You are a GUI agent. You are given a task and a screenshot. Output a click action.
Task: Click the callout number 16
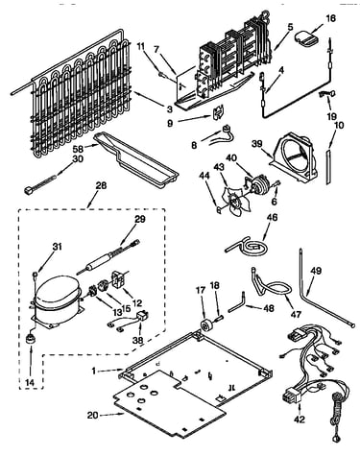[x=331, y=18]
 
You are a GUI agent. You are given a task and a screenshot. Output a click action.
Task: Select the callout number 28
[x=101, y=185]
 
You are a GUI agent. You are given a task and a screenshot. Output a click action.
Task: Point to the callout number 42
[x=300, y=419]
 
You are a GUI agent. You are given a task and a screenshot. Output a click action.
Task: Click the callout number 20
[x=93, y=415]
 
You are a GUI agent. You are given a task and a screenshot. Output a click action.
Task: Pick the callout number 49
[x=316, y=271]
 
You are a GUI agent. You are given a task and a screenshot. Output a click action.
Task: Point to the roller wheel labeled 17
[x=204, y=325]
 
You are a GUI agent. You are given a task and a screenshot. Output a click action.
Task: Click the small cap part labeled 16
[x=306, y=37]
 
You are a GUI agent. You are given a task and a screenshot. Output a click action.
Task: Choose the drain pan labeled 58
[x=136, y=160]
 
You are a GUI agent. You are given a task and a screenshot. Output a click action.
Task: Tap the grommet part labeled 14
[x=31, y=339]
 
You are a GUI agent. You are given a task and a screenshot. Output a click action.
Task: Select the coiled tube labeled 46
[x=249, y=246]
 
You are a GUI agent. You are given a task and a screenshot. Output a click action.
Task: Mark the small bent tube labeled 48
[x=237, y=302]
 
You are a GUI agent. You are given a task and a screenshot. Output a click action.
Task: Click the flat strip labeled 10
[x=328, y=166]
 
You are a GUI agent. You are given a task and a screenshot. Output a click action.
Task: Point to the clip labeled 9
[x=219, y=112]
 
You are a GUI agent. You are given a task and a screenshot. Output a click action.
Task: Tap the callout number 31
[x=58, y=247]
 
